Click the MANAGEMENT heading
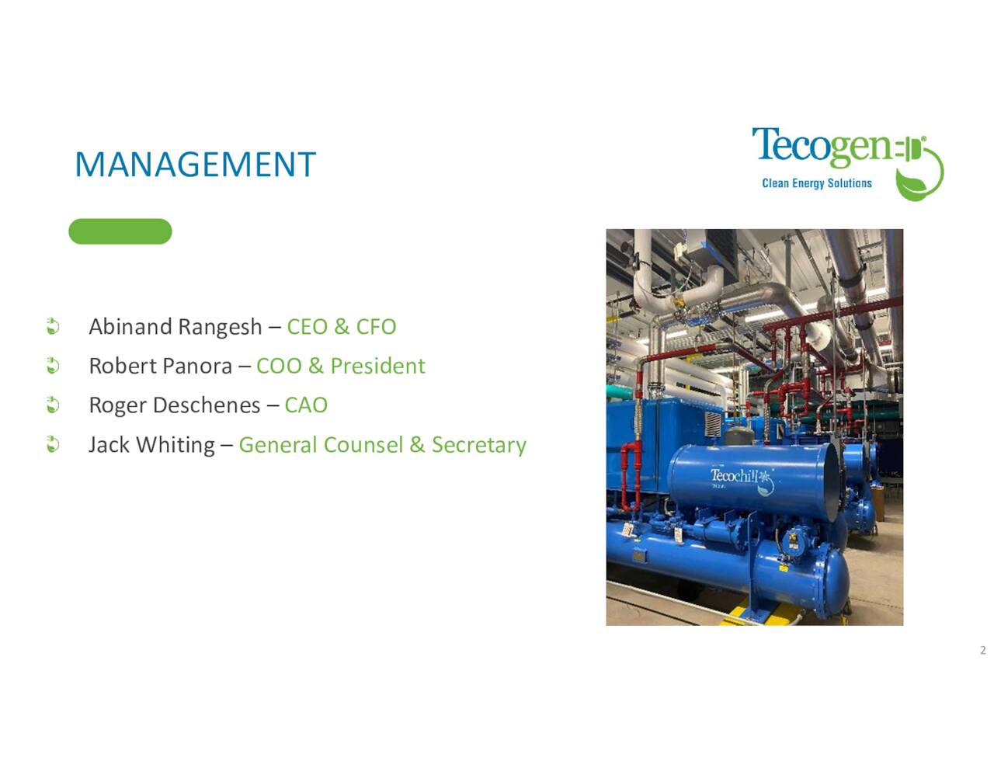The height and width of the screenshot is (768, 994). pos(195,165)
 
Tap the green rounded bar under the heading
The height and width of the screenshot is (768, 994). pos(120,231)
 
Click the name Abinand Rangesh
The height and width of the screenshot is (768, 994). pos(176,327)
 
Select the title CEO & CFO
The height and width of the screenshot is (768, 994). pos(342,327)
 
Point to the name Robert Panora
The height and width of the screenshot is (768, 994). pos(161,366)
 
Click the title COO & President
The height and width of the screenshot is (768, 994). pos(341,366)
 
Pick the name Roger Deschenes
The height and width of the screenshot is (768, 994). pos(175,405)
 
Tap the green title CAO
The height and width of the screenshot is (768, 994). pos(306,405)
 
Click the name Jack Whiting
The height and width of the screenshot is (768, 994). pos(151,445)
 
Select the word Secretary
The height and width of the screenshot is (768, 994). pos(479,445)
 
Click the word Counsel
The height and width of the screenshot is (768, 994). pos(363,445)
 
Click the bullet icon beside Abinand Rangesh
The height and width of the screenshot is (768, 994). pos(53,326)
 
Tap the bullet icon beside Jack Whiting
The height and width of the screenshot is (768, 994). pos(53,445)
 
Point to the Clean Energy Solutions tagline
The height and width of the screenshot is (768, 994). pos(817,183)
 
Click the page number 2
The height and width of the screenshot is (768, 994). pos(983,650)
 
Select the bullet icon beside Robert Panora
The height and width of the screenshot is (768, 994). pos(53,366)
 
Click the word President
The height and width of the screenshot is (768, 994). pos(378,366)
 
